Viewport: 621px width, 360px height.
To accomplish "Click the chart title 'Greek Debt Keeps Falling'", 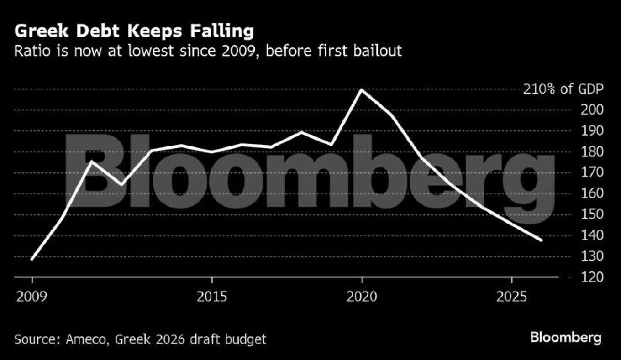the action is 134,31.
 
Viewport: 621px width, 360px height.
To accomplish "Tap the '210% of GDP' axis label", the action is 563,89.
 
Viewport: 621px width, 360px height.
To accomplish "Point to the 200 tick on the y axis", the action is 592,110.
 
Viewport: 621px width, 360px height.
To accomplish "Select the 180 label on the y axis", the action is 592,152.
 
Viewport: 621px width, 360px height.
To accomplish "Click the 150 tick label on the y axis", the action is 592,214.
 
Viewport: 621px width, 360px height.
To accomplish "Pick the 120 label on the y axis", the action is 592,277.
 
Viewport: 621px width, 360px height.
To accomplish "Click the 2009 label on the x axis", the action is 32,297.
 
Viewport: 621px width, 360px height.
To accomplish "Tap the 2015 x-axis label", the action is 212,297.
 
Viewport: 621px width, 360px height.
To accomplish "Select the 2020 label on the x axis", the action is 362,297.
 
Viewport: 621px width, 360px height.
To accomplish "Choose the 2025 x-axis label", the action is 511,297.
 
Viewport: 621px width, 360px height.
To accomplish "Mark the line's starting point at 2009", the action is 32,260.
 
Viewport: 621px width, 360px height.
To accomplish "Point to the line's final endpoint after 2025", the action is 541,240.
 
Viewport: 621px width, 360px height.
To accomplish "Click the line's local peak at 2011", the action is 92,162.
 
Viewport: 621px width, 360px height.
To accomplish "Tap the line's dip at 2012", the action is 121,185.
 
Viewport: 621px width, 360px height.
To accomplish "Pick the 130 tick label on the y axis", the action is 592,256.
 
